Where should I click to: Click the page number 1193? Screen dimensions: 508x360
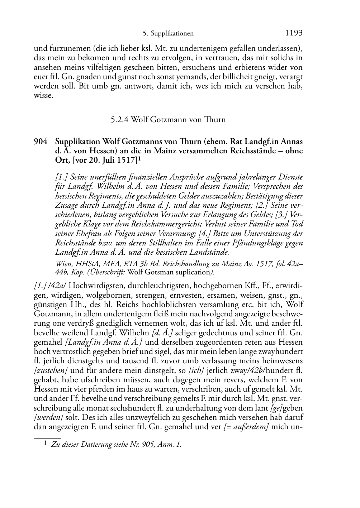pyautogui.click(x=294, y=33)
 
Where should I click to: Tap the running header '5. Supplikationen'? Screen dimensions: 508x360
pyautogui.click(x=168, y=34)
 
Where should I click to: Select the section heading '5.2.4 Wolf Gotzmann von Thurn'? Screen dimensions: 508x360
pyautogui.click(x=168, y=120)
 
